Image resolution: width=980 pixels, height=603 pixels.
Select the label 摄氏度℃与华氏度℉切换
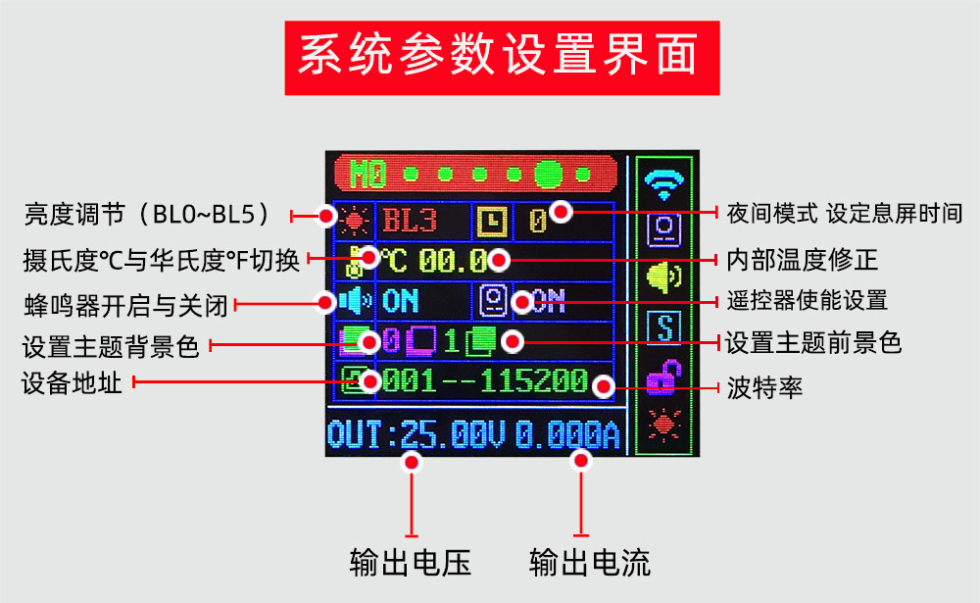[x=163, y=260]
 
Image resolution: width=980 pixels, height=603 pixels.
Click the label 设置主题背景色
[x=111, y=345]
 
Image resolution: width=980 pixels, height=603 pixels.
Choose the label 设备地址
[x=72, y=382]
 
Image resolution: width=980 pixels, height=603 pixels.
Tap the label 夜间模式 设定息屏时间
[x=844, y=213]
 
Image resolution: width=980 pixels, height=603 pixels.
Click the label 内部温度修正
[x=802, y=260]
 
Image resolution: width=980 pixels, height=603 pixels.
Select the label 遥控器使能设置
[x=807, y=300]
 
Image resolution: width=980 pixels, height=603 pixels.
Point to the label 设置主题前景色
[x=812, y=343]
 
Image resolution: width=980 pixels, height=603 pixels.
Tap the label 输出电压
[x=411, y=563]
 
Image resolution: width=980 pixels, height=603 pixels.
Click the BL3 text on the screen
[x=409, y=220]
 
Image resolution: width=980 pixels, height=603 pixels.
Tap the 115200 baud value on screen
[x=534, y=379]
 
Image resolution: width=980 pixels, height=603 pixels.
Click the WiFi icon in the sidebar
[x=665, y=181]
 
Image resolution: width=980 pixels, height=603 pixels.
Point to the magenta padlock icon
[x=664, y=377]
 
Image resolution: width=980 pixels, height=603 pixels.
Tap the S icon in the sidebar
[x=665, y=327]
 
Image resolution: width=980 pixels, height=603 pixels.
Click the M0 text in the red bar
[x=369, y=175]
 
